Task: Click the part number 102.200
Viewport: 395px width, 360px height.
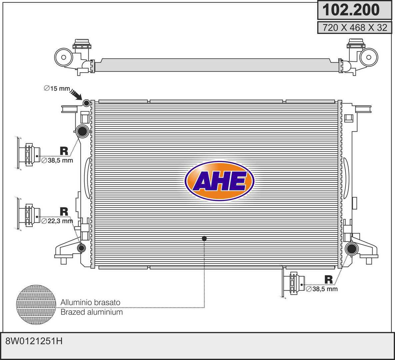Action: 351,10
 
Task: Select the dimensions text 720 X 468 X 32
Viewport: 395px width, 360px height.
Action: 355,27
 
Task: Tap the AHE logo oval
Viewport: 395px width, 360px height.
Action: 219,181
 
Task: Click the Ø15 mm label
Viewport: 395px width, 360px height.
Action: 57,88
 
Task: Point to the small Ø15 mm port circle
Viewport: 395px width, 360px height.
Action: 86,103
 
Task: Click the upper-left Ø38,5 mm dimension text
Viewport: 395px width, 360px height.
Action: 57,160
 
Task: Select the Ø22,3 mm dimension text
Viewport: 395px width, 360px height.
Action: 57,221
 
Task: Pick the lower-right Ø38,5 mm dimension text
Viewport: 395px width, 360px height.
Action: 322,289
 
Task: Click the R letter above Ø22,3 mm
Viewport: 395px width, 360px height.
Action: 64,212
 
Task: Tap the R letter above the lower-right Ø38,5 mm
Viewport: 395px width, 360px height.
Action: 328,279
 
